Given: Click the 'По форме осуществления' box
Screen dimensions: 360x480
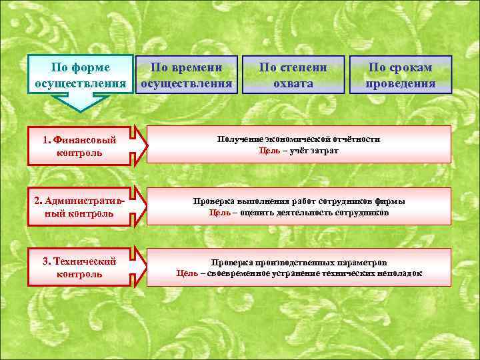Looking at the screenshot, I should tap(81, 75).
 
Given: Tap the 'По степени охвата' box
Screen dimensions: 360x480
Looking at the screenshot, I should tap(293, 75).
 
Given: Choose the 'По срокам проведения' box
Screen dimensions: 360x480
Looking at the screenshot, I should tap(400, 75).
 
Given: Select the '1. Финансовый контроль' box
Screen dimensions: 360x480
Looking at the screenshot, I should tap(79, 146).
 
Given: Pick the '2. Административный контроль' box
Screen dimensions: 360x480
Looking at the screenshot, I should tap(79, 207).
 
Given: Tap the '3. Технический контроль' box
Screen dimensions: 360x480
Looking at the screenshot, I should tap(79, 267).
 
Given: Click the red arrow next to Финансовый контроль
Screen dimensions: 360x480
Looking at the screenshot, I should tap(140, 145).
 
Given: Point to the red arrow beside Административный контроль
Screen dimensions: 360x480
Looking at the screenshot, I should tap(140, 206).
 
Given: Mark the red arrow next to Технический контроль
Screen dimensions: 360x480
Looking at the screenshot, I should tap(140, 267).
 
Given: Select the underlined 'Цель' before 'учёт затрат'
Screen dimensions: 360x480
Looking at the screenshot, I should tap(269, 151).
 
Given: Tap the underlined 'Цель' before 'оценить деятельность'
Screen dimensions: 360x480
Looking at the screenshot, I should tap(220, 213).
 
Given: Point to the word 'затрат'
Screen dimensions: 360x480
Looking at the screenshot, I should tap(325, 151).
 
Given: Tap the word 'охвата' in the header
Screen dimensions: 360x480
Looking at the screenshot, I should tap(293, 84).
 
